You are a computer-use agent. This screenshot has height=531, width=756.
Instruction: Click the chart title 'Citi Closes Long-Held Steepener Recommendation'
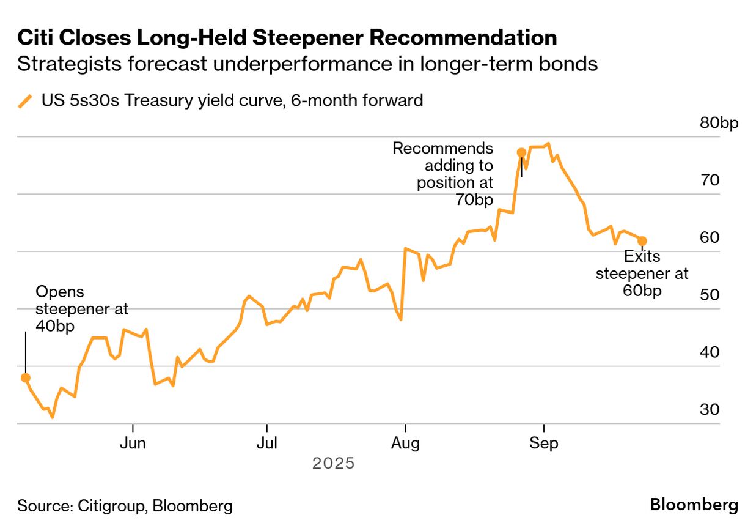click(287, 38)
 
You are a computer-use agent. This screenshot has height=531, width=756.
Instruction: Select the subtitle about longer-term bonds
click(307, 64)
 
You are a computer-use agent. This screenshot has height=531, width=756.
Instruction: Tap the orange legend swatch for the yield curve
click(25, 101)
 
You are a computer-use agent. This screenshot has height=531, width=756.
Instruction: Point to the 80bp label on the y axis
click(719, 123)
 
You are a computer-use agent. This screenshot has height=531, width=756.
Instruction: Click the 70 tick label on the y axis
click(710, 180)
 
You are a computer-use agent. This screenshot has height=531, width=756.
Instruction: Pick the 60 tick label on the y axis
click(710, 237)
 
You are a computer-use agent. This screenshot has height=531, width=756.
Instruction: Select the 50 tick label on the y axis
click(710, 295)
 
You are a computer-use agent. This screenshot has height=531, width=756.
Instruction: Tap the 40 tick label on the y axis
click(710, 352)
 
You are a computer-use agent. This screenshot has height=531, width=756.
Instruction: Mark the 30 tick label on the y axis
click(710, 409)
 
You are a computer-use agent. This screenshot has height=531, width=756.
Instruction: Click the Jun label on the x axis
click(133, 444)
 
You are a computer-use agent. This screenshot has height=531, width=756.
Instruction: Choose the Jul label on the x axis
click(267, 444)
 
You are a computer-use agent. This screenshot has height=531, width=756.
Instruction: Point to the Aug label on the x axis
click(405, 444)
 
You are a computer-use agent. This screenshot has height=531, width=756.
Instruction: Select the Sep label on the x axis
click(544, 444)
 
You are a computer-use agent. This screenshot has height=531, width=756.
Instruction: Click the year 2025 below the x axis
click(333, 464)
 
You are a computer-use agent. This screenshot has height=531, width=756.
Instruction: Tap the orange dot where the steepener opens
click(25, 377)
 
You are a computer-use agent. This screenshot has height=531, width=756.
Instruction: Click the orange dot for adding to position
click(521, 152)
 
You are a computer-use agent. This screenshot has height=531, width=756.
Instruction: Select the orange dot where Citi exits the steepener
click(642, 241)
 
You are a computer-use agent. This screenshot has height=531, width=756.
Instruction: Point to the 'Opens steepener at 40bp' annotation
click(82, 309)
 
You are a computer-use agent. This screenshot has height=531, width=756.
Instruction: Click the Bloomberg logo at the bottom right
click(694, 505)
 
